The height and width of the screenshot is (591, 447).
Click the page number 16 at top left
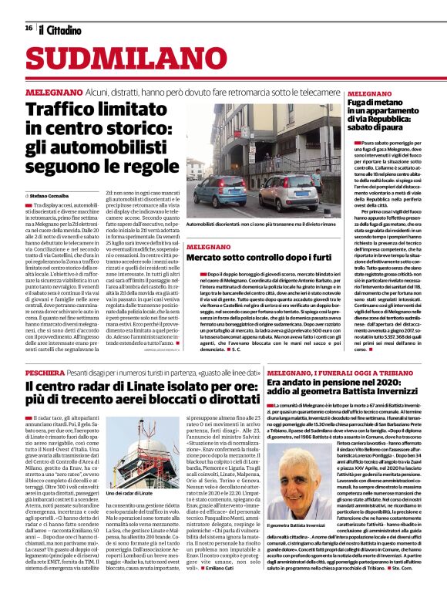tap(29, 29)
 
